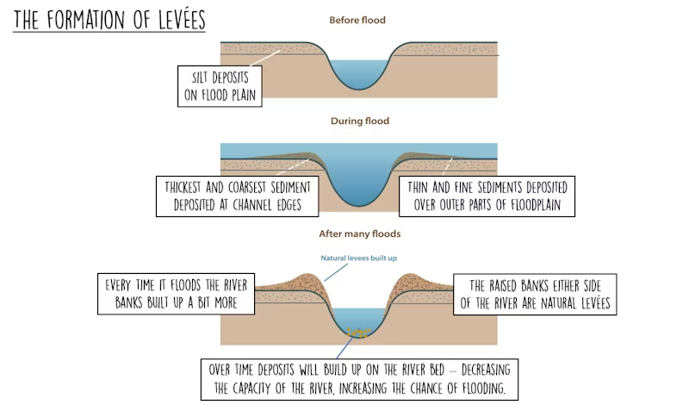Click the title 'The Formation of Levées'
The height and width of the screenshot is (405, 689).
coord(109,20)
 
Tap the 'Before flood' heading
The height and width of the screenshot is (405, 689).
coord(357,20)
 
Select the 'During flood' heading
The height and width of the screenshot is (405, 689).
coord(360,121)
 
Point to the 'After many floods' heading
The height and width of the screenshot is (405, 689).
coord(359,234)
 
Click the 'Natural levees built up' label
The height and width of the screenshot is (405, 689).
coord(358,259)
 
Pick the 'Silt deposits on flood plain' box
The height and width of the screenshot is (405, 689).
coord(220,86)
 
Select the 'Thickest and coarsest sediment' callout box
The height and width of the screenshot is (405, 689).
coord(238,196)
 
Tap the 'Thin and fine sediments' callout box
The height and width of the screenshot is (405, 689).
coord(487,196)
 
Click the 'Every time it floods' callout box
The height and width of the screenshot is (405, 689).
coord(176,294)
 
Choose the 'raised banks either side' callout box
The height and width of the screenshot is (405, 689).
coord(535,294)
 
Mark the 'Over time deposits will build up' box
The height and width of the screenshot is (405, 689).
coord(359,379)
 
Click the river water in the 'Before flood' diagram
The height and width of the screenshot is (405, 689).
coord(358,73)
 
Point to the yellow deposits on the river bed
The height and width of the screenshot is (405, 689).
coord(358,333)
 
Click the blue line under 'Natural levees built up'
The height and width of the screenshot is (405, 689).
coord(336,272)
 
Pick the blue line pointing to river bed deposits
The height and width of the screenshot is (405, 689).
coord(345,348)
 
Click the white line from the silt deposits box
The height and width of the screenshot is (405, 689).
coord(265,58)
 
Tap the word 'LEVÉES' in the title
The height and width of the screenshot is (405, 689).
coord(182,20)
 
